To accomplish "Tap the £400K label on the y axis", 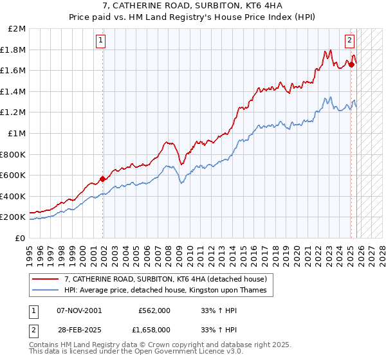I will [x=13, y=196].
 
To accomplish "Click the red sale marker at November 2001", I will [x=102, y=179].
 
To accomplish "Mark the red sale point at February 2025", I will [x=352, y=64].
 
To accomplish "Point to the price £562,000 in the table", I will [x=154, y=310].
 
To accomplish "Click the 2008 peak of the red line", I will [x=166, y=141].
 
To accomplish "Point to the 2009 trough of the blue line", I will [x=181, y=183].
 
